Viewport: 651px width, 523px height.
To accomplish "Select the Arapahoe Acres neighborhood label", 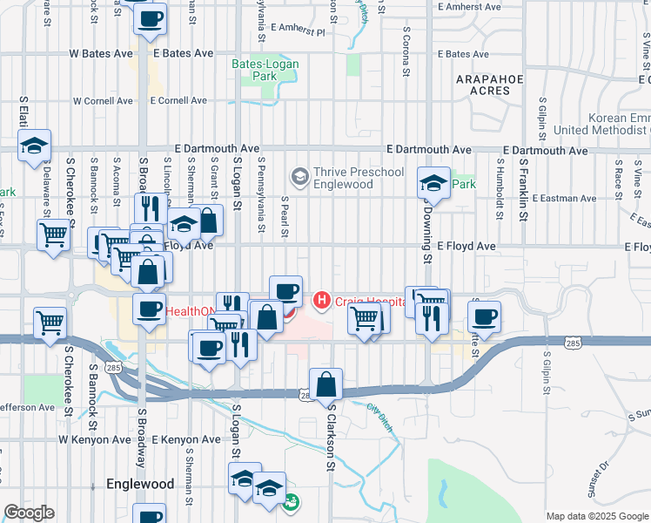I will (x=490, y=85).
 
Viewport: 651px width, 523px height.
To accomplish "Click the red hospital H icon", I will (x=322, y=301).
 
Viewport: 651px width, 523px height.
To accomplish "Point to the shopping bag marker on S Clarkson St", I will (x=325, y=384).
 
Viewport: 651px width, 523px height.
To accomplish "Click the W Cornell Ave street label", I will (x=103, y=101).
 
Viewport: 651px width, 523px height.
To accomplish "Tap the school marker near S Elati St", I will (x=35, y=146).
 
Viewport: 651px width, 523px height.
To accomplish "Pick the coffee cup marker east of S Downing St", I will (x=484, y=316).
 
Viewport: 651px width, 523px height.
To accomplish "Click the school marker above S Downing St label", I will (x=433, y=183).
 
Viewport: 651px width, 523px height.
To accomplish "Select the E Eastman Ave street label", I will (x=567, y=199).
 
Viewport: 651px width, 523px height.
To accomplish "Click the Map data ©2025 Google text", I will (x=597, y=516).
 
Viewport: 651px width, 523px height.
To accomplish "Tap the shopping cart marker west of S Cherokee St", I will (x=50, y=322).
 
